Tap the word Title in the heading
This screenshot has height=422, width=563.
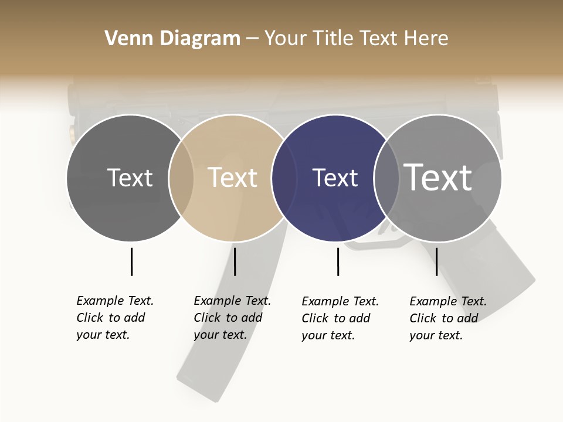333,39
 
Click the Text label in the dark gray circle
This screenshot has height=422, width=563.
130,178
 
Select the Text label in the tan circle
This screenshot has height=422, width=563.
232,178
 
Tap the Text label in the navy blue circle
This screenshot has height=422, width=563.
335,178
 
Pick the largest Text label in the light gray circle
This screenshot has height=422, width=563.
437,177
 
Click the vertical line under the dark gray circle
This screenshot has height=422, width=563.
131,261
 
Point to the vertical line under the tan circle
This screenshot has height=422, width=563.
235,261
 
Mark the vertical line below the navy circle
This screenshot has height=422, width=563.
338,261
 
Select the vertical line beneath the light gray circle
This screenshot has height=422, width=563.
436,261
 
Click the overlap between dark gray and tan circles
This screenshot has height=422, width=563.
181,178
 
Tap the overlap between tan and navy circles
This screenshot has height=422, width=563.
284,178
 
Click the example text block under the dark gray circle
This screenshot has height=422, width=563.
115,318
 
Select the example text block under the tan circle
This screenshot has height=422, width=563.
232,318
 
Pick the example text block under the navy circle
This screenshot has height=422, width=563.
340,318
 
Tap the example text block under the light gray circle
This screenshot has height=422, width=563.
448,318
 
